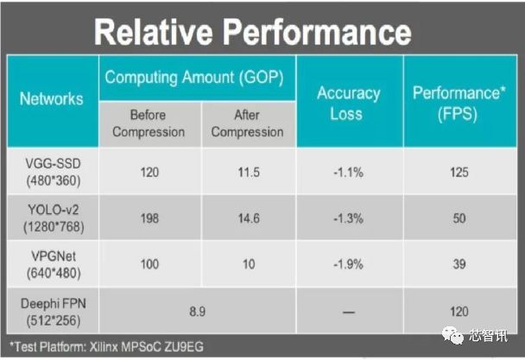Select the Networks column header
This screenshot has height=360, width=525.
(x=52, y=98)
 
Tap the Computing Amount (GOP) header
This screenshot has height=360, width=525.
(x=194, y=78)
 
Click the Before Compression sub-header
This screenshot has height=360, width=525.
(x=149, y=123)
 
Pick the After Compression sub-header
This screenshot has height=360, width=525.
(x=247, y=123)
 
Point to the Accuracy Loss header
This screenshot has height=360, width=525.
(x=348, y=103)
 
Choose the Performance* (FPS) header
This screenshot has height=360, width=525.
(x=459, y=103)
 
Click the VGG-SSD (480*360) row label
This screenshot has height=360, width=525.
(x=54, y=172)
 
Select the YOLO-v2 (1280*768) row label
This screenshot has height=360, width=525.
(x=54, y=218)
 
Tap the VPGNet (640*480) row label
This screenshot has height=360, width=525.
(x=54, y=264)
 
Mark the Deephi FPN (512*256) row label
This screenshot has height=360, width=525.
(x=54, y=313)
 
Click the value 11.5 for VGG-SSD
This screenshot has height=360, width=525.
(x=249, y=172)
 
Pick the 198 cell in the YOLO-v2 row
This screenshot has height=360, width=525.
(x=149, y=218)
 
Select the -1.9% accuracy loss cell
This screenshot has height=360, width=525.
(x=348, y=264)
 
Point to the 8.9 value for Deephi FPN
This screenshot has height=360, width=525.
(x=197, y=312)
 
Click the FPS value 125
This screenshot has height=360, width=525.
(x=459, y=172)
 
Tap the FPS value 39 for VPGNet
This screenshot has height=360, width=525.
(x=459, y=264)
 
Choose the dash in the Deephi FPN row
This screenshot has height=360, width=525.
(x=348, y=313)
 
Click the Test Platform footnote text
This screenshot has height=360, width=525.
(x=106, y=347)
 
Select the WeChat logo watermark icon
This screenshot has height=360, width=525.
(x=452, y=335)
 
